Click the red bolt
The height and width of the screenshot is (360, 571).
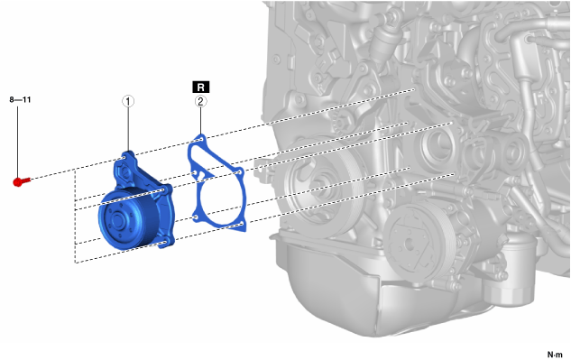coord(21,181)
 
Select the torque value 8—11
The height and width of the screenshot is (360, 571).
coord(20,99)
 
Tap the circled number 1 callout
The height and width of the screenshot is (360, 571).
coord(128,101)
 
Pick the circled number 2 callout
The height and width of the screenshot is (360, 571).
coord(200,101)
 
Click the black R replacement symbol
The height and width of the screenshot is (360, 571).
coord(200,88)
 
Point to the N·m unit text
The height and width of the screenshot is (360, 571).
coord(555,355)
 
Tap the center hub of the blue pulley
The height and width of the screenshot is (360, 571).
coord(117,220)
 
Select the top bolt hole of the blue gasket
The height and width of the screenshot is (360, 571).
coord(201,139)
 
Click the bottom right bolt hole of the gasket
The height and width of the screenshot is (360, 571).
coord(242,224)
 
